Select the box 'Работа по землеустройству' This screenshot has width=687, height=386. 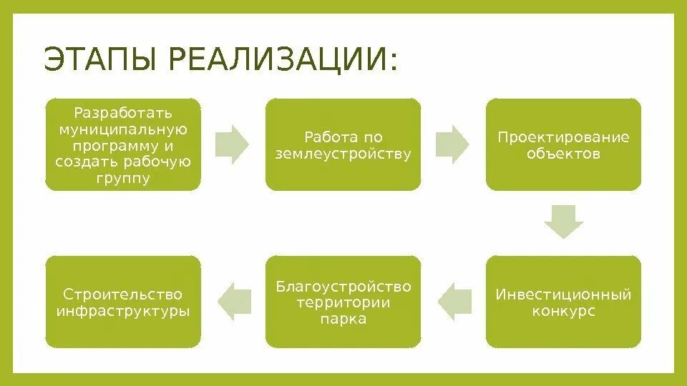[x=343, y=145]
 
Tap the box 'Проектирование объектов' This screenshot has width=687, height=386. [x=564, y=145]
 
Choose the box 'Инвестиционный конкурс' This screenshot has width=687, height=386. [x=564, y=302]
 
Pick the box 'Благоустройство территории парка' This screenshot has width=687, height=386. [x=343, y=302]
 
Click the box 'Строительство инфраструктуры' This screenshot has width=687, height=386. [x=123, y=302]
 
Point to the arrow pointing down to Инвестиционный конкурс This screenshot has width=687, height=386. [x=564, y=222]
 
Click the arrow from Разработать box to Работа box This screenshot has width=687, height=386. [x=233, y=144]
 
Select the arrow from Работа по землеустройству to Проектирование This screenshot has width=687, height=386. [x=453, y=144]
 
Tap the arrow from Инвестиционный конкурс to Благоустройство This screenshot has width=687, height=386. [x=454, y=301]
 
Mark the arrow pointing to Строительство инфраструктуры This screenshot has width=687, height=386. [x=233, y=301]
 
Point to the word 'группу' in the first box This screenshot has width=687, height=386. [x=123, y=178]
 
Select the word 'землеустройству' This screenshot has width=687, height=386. [x=343, y=154]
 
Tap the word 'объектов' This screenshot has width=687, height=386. [x=564, y=154]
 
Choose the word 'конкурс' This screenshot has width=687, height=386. [x=564, y=312]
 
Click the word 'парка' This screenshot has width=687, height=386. [x=343, y=319]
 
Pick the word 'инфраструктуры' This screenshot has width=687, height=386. [x=123, y=312]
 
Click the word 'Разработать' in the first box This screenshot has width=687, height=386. [x=123, y=113]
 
